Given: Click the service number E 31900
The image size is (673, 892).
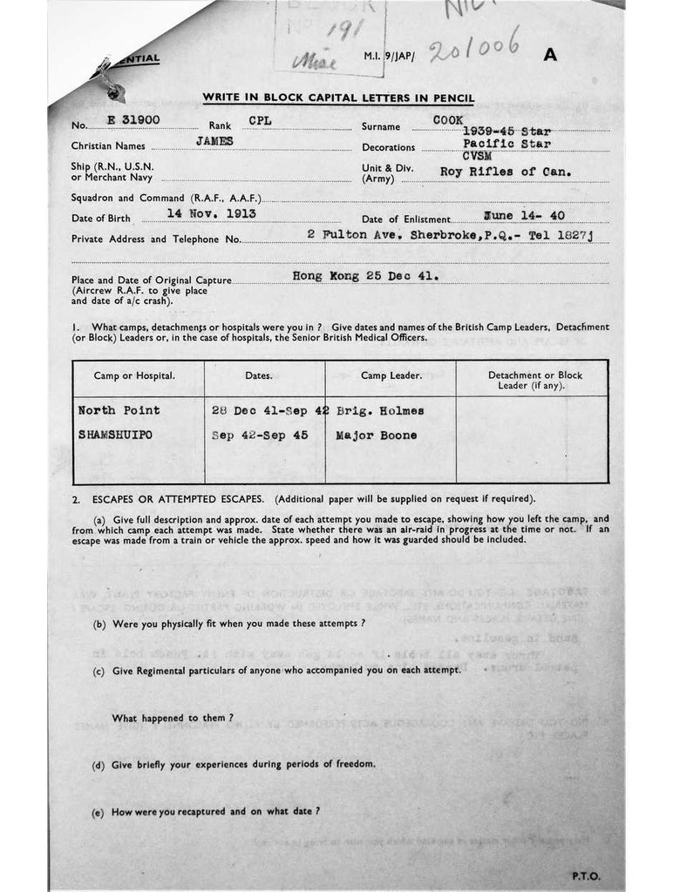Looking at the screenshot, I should (x=129, y=120).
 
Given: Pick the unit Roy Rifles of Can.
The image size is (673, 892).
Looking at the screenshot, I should (x=506, y=172).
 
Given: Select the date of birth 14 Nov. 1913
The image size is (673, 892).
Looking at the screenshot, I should (x=211, y=212).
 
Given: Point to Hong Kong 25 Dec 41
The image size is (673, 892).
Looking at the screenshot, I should (x=366, y=274).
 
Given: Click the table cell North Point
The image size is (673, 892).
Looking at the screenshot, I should (x=119, y=409).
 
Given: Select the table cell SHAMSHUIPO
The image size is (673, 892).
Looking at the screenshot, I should (x=115, y=435).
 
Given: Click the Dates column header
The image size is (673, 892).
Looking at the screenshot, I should (x=264, y=376).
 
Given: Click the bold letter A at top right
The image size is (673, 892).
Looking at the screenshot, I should (x=550, y=55).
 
